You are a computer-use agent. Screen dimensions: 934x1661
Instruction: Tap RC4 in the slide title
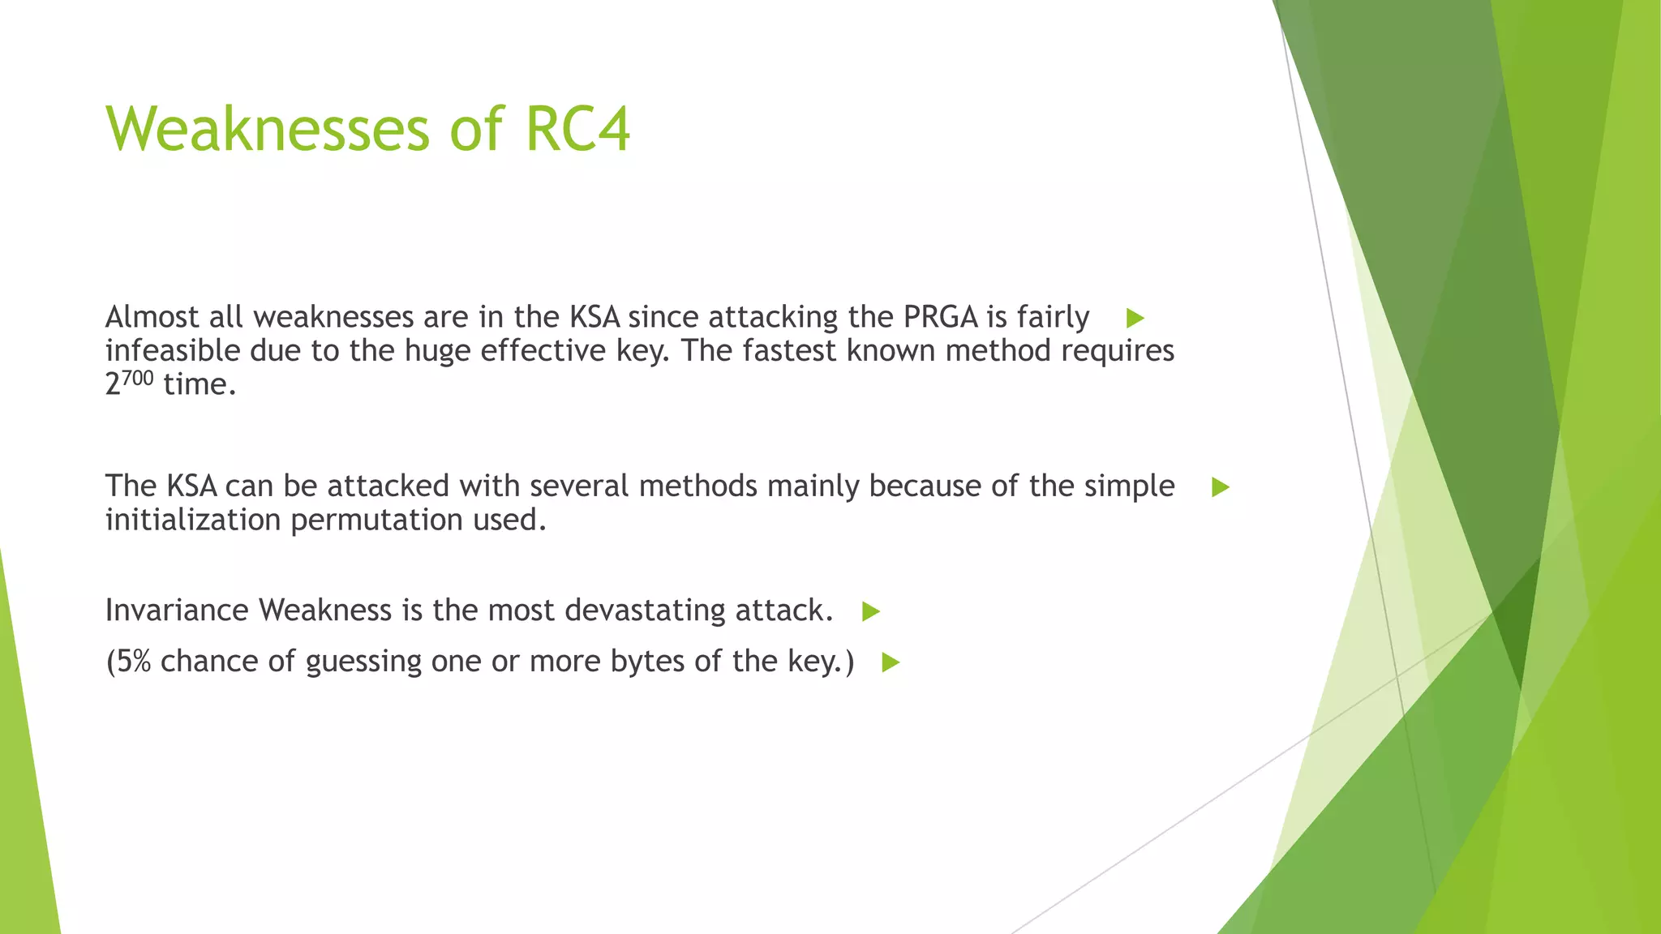577,130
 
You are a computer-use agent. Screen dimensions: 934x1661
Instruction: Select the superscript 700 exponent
138,378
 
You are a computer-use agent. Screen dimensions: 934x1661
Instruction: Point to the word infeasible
172,351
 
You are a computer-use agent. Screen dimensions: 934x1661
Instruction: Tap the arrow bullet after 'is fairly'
1135,319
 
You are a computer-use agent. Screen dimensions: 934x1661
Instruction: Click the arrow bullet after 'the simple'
1221,487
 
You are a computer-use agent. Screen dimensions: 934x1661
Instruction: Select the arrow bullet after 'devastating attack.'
871,611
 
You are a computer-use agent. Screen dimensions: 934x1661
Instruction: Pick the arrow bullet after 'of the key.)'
891,662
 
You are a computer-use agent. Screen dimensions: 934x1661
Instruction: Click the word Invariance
177,611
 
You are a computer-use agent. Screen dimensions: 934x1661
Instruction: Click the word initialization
193,520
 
